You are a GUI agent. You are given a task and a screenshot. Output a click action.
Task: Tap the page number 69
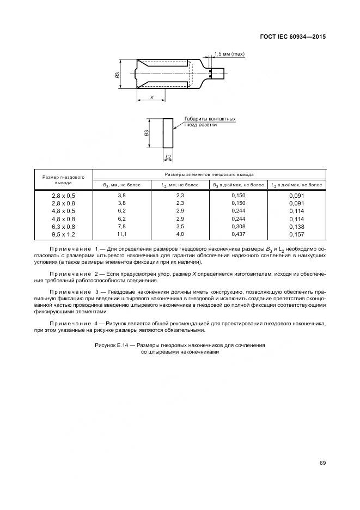(x=322, y=463)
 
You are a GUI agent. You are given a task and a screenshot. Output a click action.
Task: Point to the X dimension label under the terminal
(x=152, y=98)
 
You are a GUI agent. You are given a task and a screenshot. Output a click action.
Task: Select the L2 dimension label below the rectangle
(x=168, y=156)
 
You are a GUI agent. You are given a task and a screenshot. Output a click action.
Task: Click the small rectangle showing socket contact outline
(x=168, y=132)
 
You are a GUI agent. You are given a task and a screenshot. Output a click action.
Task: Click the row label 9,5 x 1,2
(x=64, y=234)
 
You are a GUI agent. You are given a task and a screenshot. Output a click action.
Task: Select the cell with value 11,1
(x=121, y=234)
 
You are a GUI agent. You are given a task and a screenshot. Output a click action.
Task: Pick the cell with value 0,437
(x=237, y=234)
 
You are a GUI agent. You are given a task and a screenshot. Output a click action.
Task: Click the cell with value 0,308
(x=237, y=226)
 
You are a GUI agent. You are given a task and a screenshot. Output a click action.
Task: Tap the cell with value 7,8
(x=121, y=226)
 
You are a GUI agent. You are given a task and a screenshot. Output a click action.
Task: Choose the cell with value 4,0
(x=180, y=234)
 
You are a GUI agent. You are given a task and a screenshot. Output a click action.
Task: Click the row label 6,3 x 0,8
(x=64, y=226)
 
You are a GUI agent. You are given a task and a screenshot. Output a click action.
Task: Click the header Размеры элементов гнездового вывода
(x=209, y=174)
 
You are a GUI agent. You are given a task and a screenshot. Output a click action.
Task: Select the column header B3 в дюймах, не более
(x=237, y=185)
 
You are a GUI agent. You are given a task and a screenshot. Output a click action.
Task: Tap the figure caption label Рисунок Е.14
(x=113, y=345)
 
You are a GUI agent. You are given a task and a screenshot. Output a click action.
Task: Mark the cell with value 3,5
(x=180, y=226)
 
